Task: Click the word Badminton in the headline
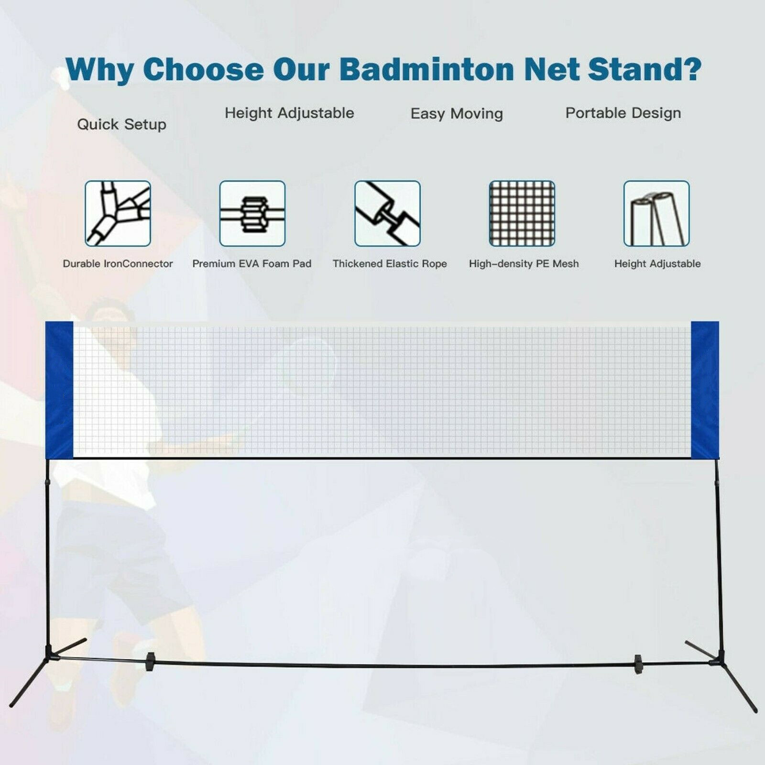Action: [x=426, y=69]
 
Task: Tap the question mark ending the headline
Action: [x=689, y=69]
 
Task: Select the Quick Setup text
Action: [x=121, y=124]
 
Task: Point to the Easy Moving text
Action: [x=457, y=114]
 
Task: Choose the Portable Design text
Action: [x=623, y=113]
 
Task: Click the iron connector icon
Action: [x=118, y=213]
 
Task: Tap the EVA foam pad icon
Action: [x=252, y=213]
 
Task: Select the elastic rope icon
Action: [x=387, y=213]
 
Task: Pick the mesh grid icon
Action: [x=522, y=213]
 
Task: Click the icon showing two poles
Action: [x=656, y=213]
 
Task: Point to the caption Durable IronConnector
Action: [x=118, y=263]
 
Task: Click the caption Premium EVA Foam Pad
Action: [x=251, y=263]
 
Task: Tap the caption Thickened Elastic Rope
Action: [x=390, y=263]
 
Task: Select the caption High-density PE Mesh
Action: [x=524, y=263]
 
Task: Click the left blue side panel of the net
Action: [x=59, y=390]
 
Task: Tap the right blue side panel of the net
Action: [x=705, y=390]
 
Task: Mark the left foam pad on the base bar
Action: [x=150, y=661]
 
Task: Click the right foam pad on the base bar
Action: [x=637, y=664]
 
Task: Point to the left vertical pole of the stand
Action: [x=47, y=550]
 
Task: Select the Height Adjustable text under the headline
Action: [x=289, y=113]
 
